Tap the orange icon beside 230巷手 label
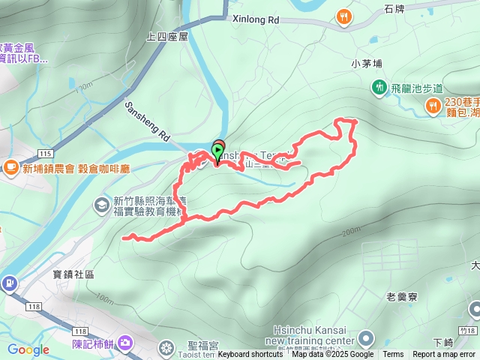pyautogui.click(x=433, y=107)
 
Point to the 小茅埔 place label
pyautogui.click(x=367, y=64)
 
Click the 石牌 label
pyautogui.click(x=394, y=9)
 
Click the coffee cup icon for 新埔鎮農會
pyautogui.click(x=10, y=166)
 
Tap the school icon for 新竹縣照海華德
pyautogui.click(x=102, y=204)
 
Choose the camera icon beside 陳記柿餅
pyautogui.click(x=124, y=343)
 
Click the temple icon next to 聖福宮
pyautogui.click(x=166, y=347)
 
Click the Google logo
pyautogui.click(x=28, y=349)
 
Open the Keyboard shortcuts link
pyautogui.click(x=250, y=355)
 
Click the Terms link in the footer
pyautogui.click(x=393, y=355)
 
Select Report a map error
pyautogui.click(x=444, y=355)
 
